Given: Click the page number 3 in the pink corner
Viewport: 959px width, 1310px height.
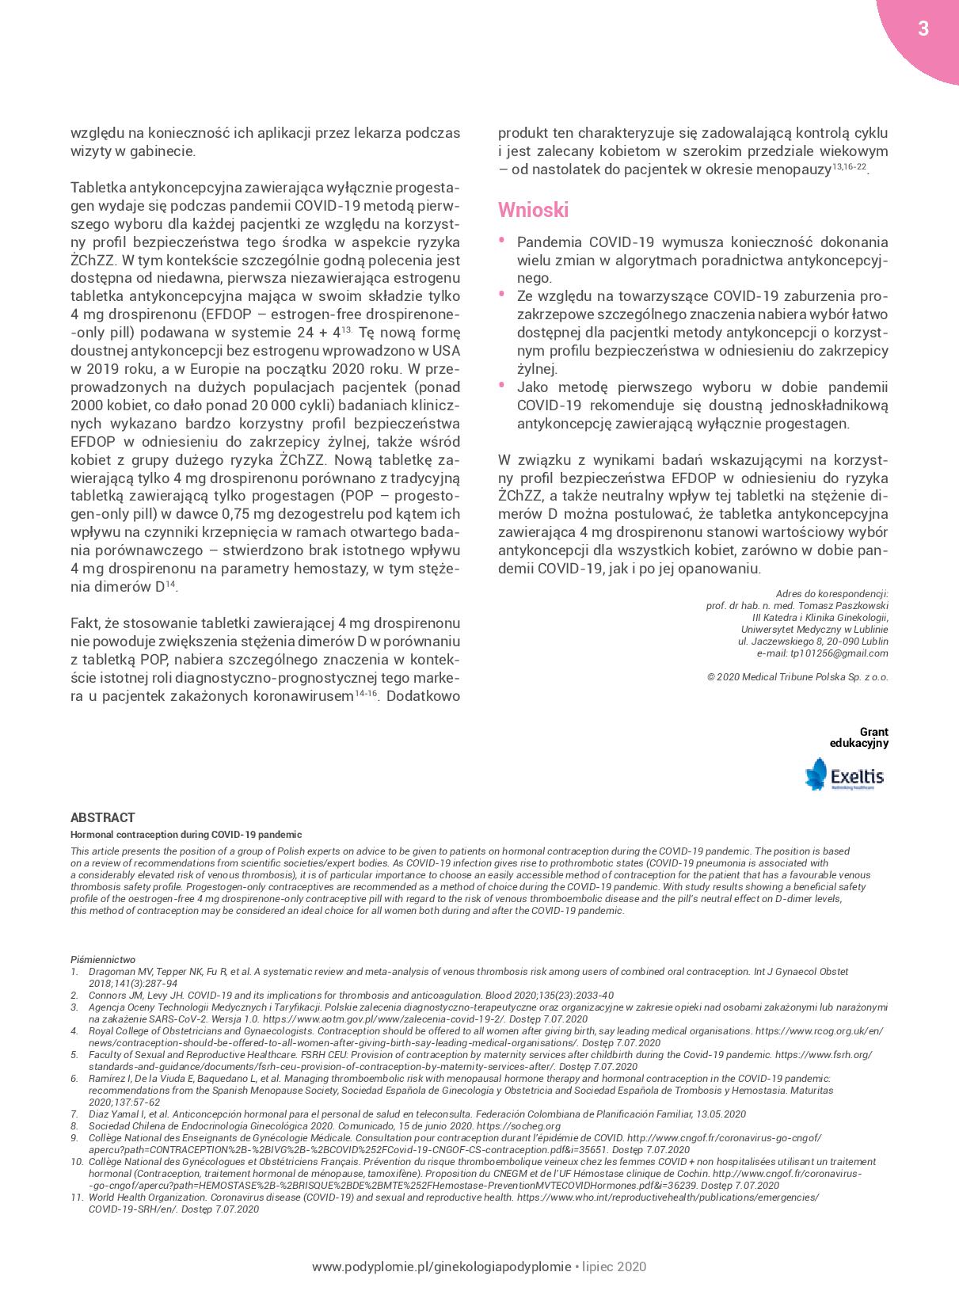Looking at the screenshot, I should pyautogui.click(x=923, y=29).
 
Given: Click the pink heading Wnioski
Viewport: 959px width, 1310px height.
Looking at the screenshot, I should pyautogui.click(x=533, y=210).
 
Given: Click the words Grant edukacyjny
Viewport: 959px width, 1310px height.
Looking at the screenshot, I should pyautogui.click(x=859, y=737).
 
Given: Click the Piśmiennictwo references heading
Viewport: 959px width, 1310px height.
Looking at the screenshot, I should pyautogui.click(x=103, y=959).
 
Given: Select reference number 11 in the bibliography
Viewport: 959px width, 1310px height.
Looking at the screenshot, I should pyautogui.click(x=77, y=1198).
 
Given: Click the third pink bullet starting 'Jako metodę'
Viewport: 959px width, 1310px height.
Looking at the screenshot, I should pyautogui.click(x=501, y=384).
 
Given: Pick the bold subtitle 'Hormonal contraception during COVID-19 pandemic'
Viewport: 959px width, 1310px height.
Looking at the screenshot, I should pyautogui.click(x=186, y=834).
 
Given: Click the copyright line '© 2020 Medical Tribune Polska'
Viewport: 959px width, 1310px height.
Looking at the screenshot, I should pyautogui.click(x=797, y=678).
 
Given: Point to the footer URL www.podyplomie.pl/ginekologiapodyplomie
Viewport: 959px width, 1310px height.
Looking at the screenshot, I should pyautogui.click(x=441, y=1266).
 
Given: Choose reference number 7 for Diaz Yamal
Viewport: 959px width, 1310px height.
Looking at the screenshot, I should pyautogui.click(x=74, y=1114).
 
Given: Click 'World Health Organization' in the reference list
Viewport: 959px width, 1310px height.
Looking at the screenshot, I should pyautogui.click(x=147, y=1198).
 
